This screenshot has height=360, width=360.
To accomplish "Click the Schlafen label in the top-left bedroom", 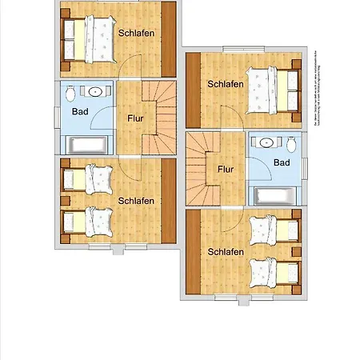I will (x=136, y=34).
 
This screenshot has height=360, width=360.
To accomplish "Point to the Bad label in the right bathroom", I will (x=281, y=162).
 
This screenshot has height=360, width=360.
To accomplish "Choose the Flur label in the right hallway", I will (x=226, y=169).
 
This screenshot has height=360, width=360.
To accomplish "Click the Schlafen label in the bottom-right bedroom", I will (x=226, y=252).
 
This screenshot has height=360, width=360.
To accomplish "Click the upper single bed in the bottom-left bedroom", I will (x=90, y=179).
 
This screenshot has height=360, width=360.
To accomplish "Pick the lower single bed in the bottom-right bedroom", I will (x=272, y=273).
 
